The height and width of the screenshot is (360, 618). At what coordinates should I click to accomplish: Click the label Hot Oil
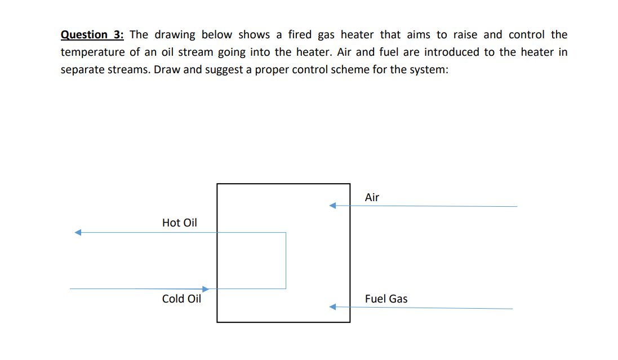pyautogui.click(x=180, y=223)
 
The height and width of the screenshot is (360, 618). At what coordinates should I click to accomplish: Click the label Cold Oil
pyautogui.click(x=181, y=299)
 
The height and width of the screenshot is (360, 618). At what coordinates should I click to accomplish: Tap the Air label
pyautogui.click(x=372, y=197)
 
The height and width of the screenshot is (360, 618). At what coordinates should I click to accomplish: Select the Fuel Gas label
pyautogui.click(x=386, y=299)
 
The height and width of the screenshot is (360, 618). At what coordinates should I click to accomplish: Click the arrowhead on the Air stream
pyautogui.click(x=333, y=206)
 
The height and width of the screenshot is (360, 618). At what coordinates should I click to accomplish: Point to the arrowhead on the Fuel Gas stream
pyautogui.click(x=333, y=307)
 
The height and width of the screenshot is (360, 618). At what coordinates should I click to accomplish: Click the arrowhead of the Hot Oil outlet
pyautogui.click(x=78, y=232)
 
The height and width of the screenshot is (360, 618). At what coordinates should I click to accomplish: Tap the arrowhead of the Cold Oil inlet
pyautogui.click(x=206, y=289)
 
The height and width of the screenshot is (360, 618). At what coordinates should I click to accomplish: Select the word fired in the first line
pyautogui.click(x=300, y=34)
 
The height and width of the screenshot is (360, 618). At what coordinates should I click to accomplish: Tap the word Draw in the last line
pyautogui.click(x=166, y=70)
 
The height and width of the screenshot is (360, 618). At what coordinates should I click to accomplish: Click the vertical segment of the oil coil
pyautogui.click(x=286, y=260)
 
